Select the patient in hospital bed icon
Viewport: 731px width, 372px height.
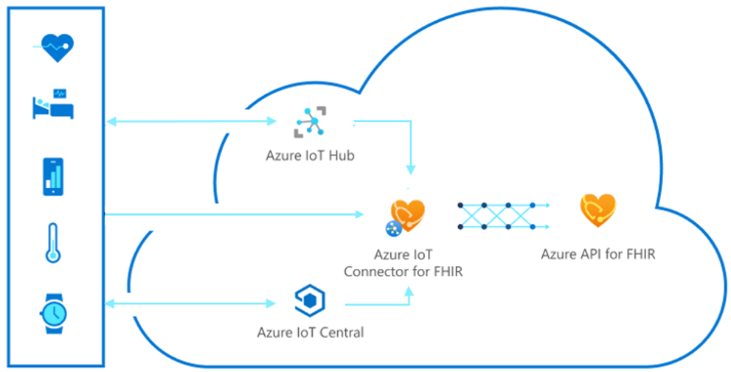click(x=53, y=105)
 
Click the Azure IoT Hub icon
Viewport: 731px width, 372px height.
click(x=311, y=122)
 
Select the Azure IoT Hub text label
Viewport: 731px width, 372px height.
click(x=311, y=156)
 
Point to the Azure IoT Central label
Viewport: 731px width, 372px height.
click(x=311, y=332)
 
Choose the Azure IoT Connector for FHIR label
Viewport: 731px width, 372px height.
click(x=408, y=264)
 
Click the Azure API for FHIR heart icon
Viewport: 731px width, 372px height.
click(x=597, y=211)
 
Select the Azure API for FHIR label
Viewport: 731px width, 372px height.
click(x=597, y=255)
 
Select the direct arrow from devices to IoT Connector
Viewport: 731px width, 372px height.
click(x=236, y=214)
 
